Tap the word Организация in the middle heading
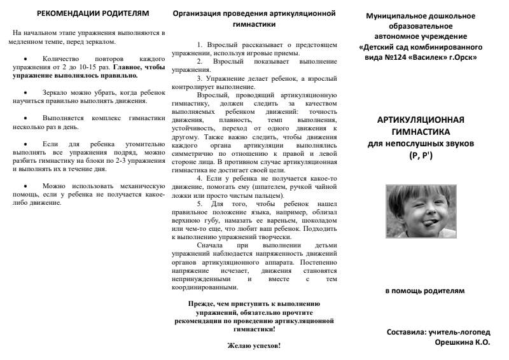tap(197, 13)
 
